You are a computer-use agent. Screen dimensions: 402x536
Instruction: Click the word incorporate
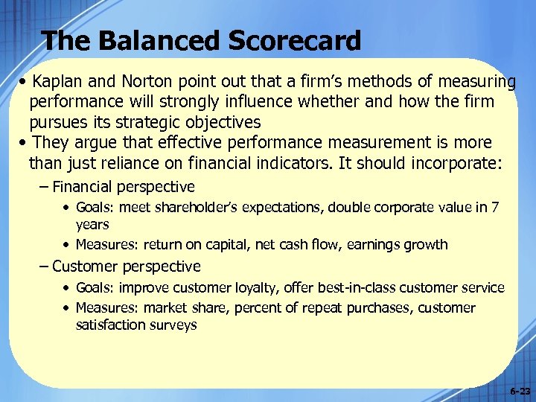pos(452,163)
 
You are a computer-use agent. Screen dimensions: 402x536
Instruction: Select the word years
pos(92,224)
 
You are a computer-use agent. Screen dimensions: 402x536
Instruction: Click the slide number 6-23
pos(520,390)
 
